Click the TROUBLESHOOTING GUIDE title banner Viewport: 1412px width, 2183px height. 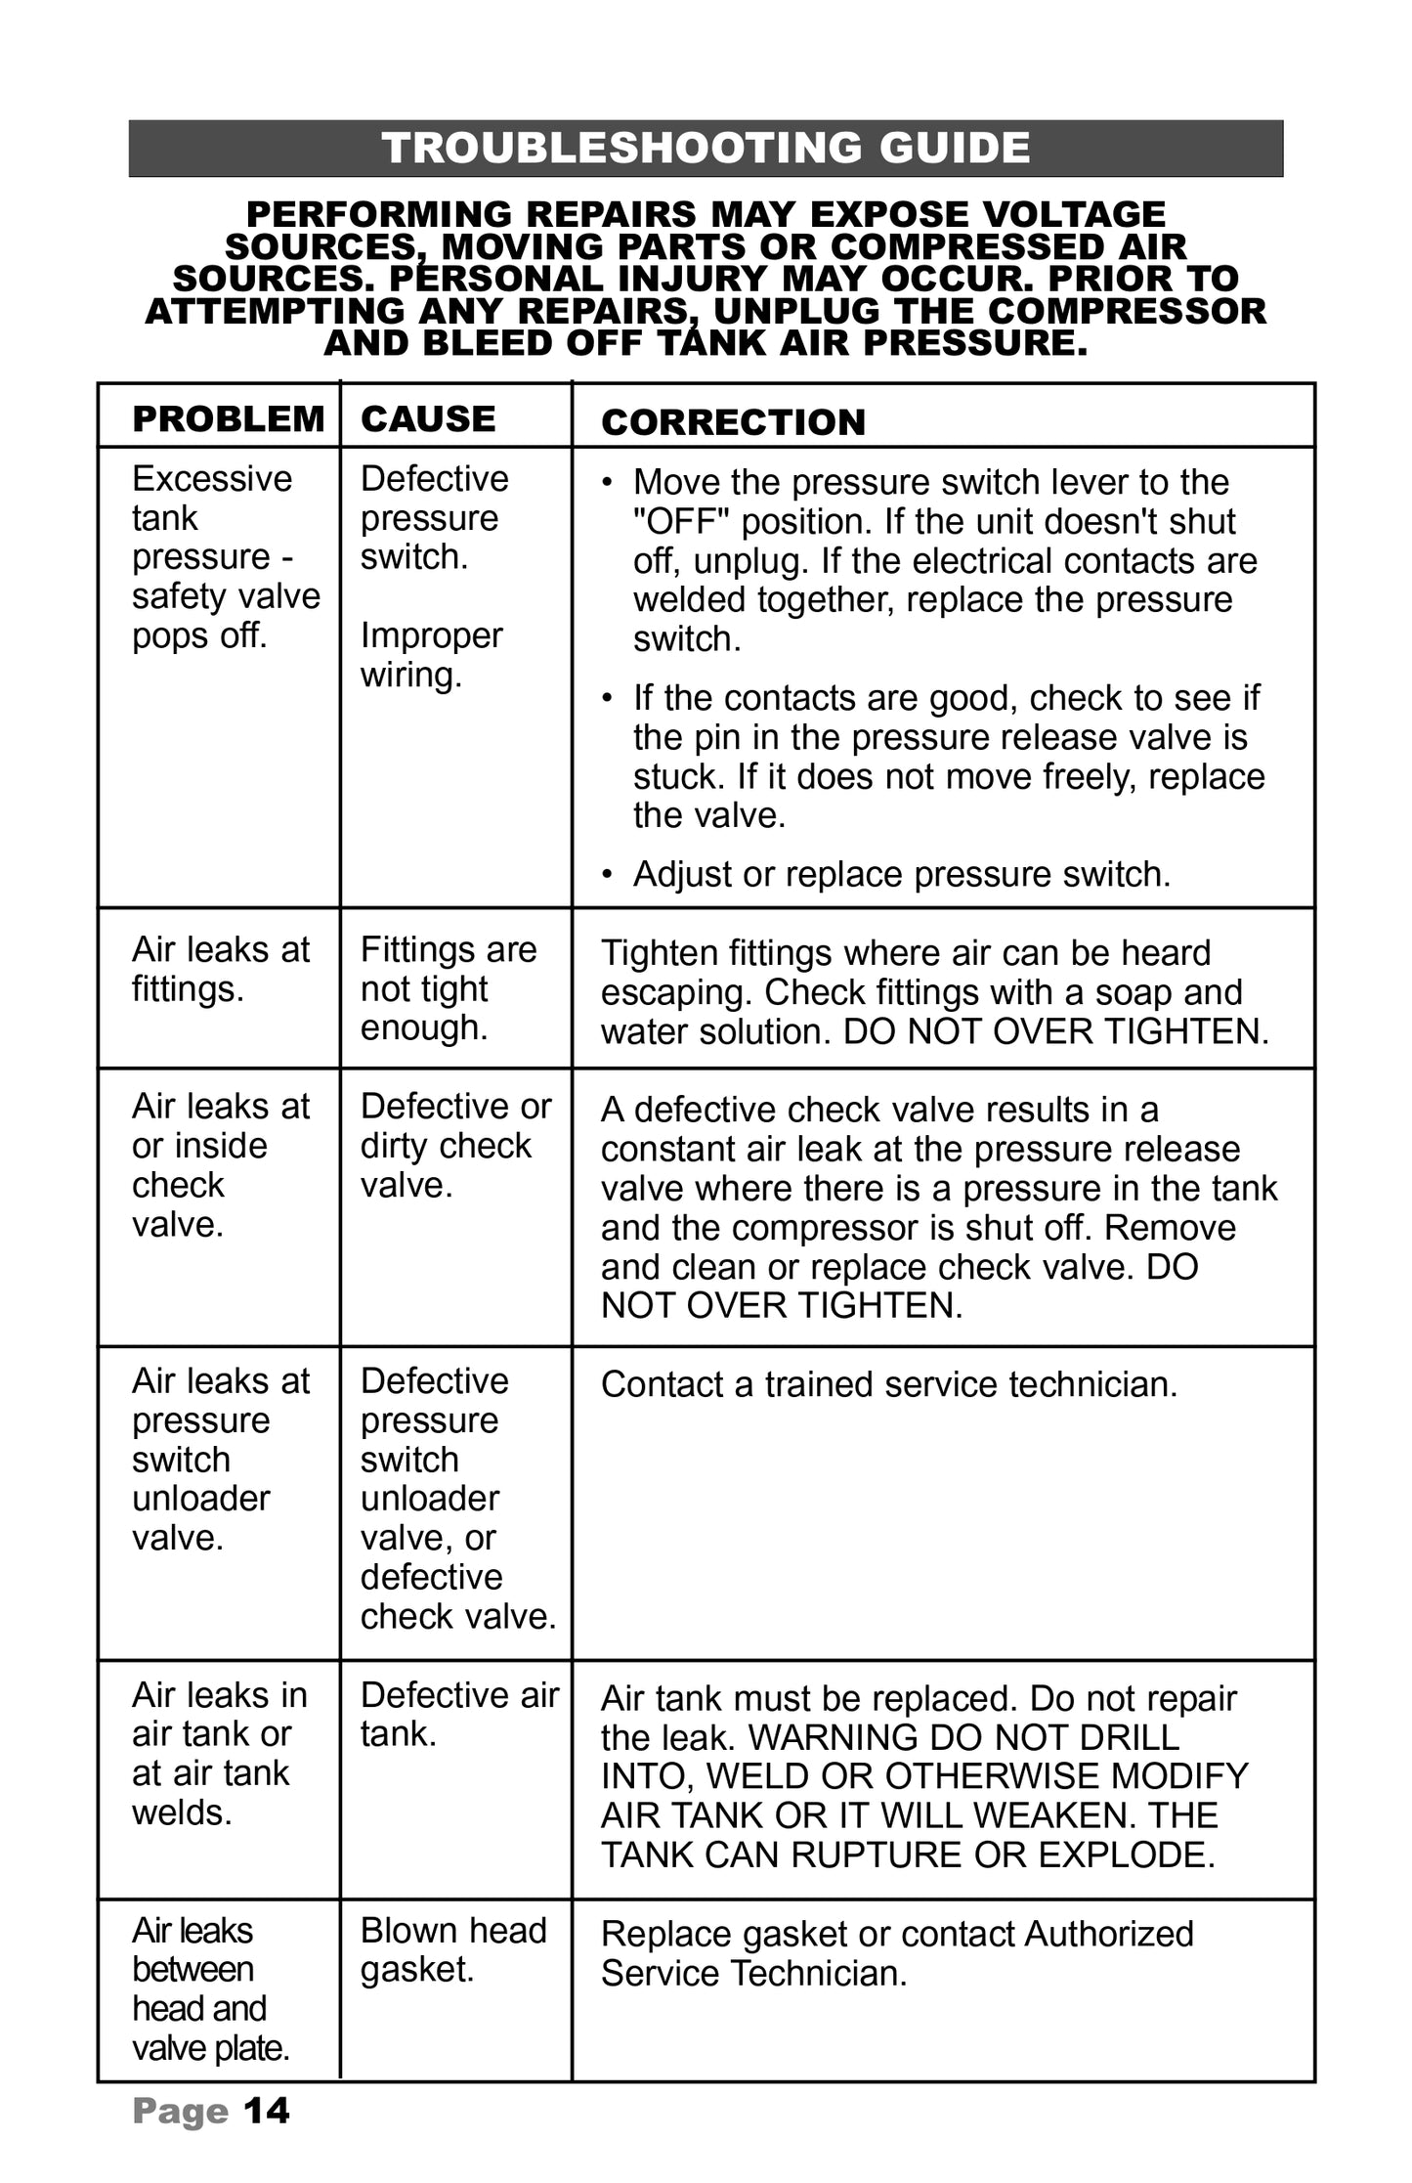point(706,149)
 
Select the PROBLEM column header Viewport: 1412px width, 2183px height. point(228,419)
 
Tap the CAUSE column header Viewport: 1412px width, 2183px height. point(428,419)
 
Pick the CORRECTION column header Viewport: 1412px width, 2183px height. point(733,422)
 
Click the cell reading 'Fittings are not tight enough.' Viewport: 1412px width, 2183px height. point(449,988)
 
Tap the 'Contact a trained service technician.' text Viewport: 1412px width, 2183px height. point(889,1385)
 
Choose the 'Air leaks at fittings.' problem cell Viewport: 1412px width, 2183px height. point(221,969)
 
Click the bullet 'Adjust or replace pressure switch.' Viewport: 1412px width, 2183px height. point(901,874)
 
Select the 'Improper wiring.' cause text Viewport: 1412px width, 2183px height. point(431,655)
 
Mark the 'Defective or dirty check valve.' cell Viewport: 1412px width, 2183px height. point(455,1145)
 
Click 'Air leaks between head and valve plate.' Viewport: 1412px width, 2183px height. point(210,1989)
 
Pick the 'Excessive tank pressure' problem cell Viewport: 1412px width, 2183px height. point(226,556)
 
